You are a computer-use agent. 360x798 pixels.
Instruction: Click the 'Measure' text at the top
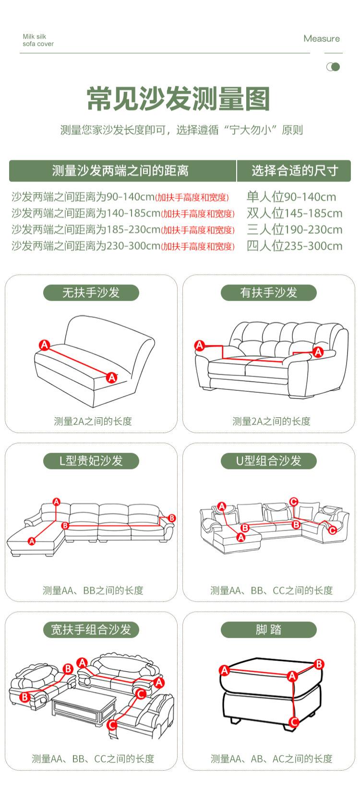(322, 38)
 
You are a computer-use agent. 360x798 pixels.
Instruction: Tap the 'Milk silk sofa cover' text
(38, 40)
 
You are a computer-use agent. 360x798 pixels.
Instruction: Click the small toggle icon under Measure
(333, 67)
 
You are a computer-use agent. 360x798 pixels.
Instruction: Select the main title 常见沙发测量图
(179, 99)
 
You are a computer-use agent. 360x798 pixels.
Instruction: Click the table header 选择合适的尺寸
(295, 170)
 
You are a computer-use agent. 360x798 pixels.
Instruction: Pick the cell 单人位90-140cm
(291, 197)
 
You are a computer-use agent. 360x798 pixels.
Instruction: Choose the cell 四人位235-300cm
(295, 246)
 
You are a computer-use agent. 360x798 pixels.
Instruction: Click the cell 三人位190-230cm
(295, 230)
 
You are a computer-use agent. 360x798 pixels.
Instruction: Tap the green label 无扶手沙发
(91, 292)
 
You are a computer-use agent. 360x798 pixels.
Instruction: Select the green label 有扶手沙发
(268, 292)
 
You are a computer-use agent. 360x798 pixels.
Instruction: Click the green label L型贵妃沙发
(91, 460)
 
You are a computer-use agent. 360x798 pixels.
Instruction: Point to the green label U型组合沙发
(268, 460)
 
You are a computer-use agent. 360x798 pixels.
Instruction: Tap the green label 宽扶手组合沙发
(91, 629)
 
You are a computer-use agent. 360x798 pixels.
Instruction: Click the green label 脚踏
(268, 629)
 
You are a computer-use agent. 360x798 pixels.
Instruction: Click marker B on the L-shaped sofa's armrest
(172, 518)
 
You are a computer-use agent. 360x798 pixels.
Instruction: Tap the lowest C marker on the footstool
(294, 722)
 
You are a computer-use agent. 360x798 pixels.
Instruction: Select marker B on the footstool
(319, 664)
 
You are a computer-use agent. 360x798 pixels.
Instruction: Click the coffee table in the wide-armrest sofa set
(84, 706)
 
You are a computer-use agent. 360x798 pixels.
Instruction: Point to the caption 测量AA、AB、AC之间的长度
(271, 759)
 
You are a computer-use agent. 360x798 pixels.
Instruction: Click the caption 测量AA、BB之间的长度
(93, 590)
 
